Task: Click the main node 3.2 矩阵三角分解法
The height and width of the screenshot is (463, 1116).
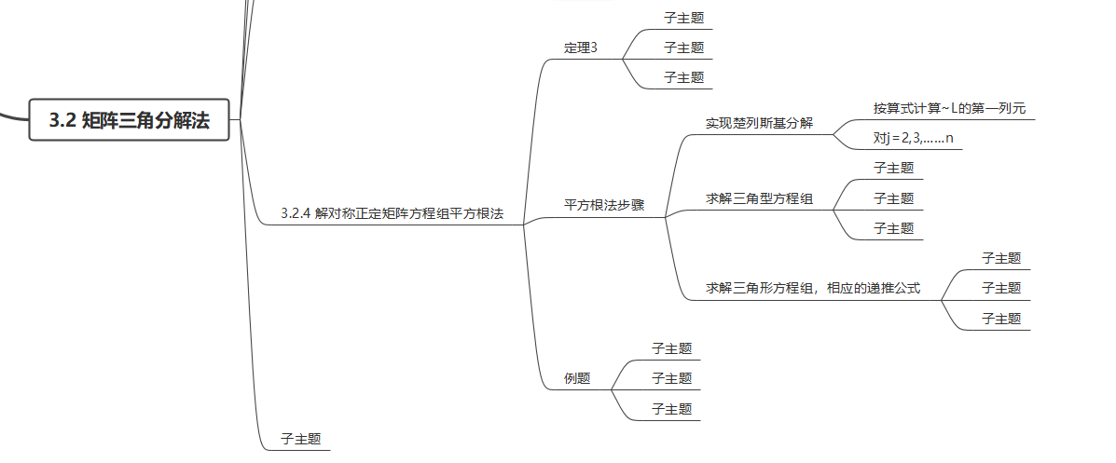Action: click(130, 120)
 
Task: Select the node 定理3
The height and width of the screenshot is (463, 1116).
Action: click(580, 48)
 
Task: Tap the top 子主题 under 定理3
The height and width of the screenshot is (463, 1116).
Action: click(683, 18)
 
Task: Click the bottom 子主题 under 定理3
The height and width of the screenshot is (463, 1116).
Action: click(683, 77)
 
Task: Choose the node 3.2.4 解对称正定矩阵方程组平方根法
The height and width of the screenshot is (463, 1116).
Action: click(392, 213)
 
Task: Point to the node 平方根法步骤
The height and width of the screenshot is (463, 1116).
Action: click(604, 205)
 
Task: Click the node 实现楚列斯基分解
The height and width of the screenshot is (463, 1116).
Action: click(759, 123)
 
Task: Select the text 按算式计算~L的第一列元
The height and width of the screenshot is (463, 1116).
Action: click(949, 108)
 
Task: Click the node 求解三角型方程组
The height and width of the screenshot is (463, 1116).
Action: click(759, 198)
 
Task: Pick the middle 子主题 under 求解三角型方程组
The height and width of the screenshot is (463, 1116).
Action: click(893, 198)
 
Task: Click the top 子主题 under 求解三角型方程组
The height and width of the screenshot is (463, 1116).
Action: click(893, 169)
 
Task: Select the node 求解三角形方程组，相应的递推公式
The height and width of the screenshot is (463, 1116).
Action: click(813, 288)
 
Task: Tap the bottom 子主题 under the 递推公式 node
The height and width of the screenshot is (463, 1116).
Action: click(1001, 319)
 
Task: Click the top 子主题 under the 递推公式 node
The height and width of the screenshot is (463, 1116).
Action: click(1001, 258)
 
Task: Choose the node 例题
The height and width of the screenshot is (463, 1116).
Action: click(577, 378)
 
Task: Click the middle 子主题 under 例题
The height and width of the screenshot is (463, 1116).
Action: click(671, 378)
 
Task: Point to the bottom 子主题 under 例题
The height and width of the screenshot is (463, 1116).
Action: click(671, 408)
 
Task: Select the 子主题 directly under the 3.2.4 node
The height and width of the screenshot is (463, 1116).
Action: click(300, 439)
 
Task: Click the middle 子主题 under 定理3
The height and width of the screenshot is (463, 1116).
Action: click(683, 48)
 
